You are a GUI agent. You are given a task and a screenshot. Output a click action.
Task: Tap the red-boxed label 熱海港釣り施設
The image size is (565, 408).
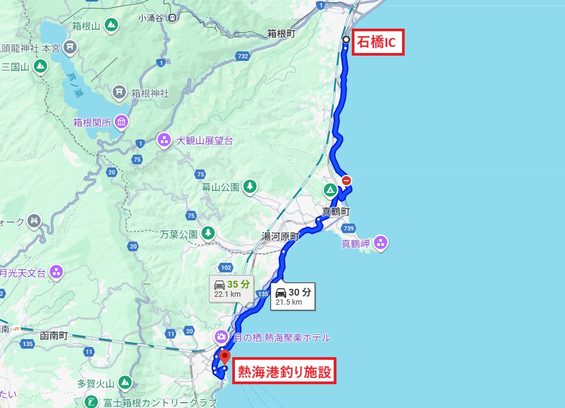tap(285, 372)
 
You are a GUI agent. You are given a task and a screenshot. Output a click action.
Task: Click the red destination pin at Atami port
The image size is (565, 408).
tap(225, 356)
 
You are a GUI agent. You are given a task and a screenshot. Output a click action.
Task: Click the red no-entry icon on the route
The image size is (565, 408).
tap(347, 180)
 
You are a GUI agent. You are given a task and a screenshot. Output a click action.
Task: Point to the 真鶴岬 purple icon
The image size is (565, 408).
tap(380, 243)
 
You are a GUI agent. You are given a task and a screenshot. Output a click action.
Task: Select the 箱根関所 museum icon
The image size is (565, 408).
tap(121, 122)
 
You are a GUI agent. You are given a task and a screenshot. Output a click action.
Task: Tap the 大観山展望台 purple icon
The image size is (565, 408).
tap(165, 140)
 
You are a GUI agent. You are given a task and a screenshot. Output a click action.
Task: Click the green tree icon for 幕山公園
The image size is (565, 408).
tap(250, 186)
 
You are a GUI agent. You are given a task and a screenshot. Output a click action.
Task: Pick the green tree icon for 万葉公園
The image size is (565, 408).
tap(208, 233)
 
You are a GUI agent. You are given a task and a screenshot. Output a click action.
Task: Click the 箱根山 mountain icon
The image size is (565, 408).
tap(111, 24)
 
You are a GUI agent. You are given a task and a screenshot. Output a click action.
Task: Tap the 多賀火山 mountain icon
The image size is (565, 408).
tap(125, 382)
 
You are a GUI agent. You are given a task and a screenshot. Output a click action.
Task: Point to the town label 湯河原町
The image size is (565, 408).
tap(280, 237)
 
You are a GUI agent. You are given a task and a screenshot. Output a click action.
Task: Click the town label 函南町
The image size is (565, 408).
tap(54, 335)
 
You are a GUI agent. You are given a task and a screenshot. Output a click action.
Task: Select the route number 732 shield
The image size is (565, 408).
tap(243, 56)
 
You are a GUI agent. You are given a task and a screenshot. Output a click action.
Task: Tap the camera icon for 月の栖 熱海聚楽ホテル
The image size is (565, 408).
tap(221, 337)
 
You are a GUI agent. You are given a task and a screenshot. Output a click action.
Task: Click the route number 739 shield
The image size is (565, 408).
tap(348, 227)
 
